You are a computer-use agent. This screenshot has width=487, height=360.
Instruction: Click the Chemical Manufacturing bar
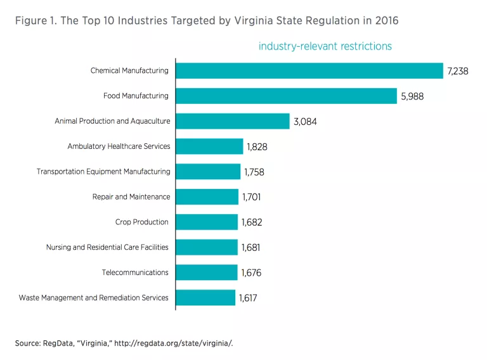tap(309, 71)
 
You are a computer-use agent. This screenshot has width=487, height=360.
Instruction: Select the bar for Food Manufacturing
tap(286, 96)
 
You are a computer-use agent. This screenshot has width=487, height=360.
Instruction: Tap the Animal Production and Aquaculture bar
tap(232, 121)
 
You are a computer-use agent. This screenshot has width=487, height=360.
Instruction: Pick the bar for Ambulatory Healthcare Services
tap(209, 146)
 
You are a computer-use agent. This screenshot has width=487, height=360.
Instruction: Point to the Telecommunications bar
tap(206, 273)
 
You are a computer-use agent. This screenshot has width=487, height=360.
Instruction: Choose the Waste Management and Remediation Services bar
tap(205, 298)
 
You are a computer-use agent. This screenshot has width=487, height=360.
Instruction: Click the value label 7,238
tap(457, 71)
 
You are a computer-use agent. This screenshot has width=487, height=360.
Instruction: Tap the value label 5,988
tap(412, 96)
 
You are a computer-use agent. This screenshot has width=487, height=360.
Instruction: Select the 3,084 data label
tap(304, 122)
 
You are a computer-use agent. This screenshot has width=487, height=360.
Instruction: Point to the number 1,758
tap(254, 172)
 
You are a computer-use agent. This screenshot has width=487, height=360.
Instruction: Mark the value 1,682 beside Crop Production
tap(251, 222)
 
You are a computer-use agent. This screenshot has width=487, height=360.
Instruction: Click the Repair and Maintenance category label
tap(131, 197)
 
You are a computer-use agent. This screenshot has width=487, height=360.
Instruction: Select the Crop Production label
tap(142, 222)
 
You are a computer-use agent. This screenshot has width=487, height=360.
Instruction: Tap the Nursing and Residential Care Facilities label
tap(108, 247)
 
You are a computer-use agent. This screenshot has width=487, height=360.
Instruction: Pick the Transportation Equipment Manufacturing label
tap(103, 172)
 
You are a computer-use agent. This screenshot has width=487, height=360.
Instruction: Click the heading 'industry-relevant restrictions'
tap(325, 46)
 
